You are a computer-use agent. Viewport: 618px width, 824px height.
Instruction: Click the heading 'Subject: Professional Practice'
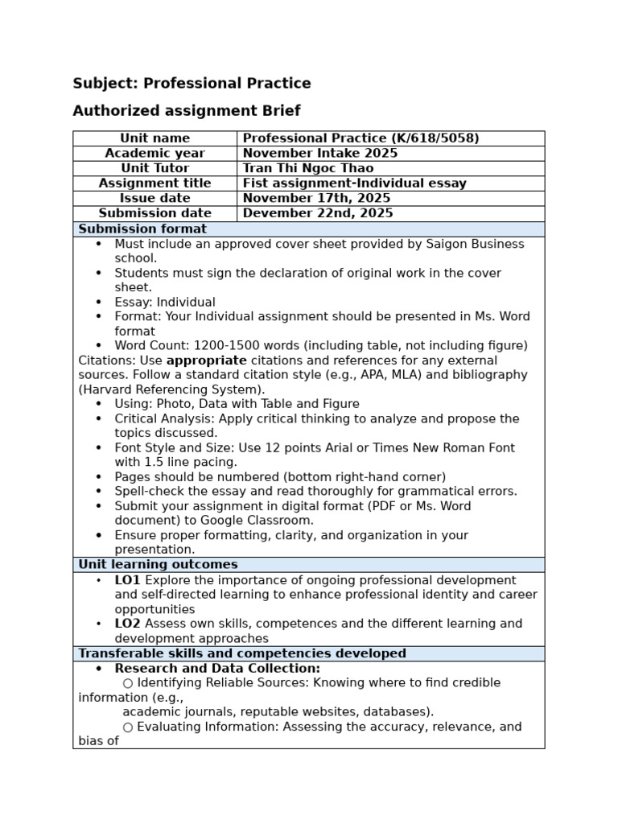pyautogui.click(x=192, y=84)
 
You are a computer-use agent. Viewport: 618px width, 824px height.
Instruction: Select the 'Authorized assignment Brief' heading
pyautogui.click(x=187, y=111)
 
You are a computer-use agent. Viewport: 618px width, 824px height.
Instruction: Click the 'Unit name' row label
pyautogui.click(x=154, y=138)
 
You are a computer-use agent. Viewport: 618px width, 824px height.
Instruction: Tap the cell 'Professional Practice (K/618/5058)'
pyautogui.click(x=360, y=138)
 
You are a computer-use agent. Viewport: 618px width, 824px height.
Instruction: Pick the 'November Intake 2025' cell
pyautogui.click(x=320, y=153)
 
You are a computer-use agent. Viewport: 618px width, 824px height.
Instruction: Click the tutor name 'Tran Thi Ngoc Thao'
pyautogui.click(x=308, y=168)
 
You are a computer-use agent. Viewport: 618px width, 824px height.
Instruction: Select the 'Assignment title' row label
pyautogui.click(x=154, y=183)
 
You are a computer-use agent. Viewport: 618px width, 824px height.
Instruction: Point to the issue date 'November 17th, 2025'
pyautogui.click(x=316, y=198)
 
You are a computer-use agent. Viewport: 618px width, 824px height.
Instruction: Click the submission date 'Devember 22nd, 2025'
pyautogui.click(x=318, y=213)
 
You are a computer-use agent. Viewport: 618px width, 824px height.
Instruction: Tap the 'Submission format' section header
pyautogui.click(x=142, y=229)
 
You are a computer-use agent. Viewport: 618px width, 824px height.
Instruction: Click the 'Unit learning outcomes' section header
pyautogui.click(x=158, y=565)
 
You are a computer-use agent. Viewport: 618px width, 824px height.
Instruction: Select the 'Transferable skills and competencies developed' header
pyautogui.click(x=242, y=653)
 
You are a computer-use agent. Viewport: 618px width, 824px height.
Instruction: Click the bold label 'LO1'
pyautogui.click(x=127, y=580)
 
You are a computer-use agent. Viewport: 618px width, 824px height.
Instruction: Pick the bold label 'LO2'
pyautogui.click(x=127, y=624)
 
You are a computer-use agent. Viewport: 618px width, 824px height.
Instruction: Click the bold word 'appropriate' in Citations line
pyautogui.click(x=206, y=360)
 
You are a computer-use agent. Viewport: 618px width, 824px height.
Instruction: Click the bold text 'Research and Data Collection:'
pyautogui.click(x=217, y=669)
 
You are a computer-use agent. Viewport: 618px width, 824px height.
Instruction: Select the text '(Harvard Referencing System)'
pyautogui.click(x=171, y=389)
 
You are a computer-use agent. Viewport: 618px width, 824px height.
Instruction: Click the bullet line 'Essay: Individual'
pyautogui.click(x=165, y=303)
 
